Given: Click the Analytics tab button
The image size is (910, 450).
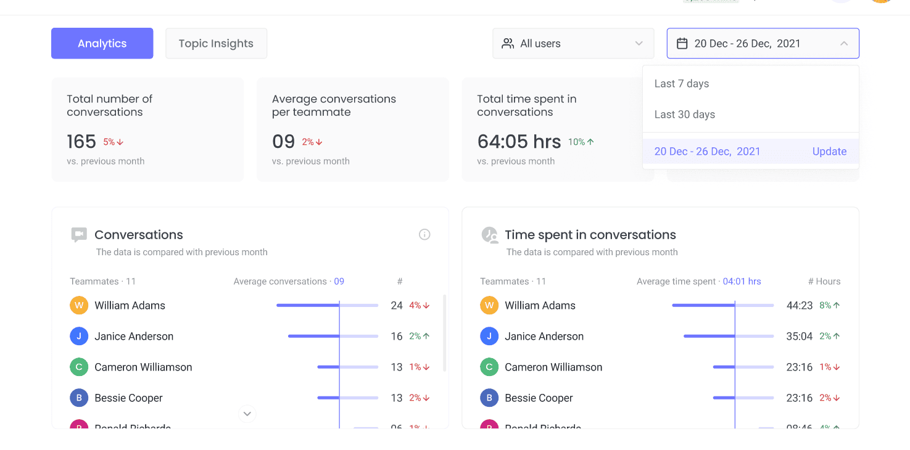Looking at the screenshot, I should (x=102, y=43).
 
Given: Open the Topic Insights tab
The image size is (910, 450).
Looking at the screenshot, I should (x=216, y=43).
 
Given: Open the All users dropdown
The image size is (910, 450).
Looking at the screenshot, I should (x=573, y=43).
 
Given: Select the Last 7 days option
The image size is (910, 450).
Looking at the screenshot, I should (x=682, y=84).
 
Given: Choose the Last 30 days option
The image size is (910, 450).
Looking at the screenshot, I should (x=685, y=115).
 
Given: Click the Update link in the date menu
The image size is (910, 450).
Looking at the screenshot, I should (x=829, y=152).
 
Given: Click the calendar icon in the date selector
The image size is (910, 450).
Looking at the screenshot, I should (x=682, y=43).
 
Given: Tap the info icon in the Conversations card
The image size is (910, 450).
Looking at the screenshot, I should (x=424, y=234).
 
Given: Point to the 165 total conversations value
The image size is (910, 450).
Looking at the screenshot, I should (x=81, y=142).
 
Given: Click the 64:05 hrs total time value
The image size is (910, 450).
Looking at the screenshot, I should (x=519, y=142).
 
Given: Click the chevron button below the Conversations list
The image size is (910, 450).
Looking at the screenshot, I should (x=247, y=414).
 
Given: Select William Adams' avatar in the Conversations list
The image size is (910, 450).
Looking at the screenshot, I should (x=79, y=305).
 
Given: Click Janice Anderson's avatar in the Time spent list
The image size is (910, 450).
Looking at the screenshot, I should (x=489, y=336).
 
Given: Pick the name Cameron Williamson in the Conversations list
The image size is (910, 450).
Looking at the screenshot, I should (x=143, y=367).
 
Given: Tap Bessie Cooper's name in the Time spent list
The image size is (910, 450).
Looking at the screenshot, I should (x=539, y=398).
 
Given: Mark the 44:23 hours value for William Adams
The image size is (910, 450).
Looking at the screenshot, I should (x=800, y=305).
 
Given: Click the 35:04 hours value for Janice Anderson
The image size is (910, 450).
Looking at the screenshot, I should (x=800, y=336).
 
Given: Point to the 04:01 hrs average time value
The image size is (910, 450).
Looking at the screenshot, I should (x=742, y=281).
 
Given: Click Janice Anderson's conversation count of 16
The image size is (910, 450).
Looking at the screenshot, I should (x=397, y=336).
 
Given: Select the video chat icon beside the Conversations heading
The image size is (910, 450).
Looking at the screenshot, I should (x=79, y=234).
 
